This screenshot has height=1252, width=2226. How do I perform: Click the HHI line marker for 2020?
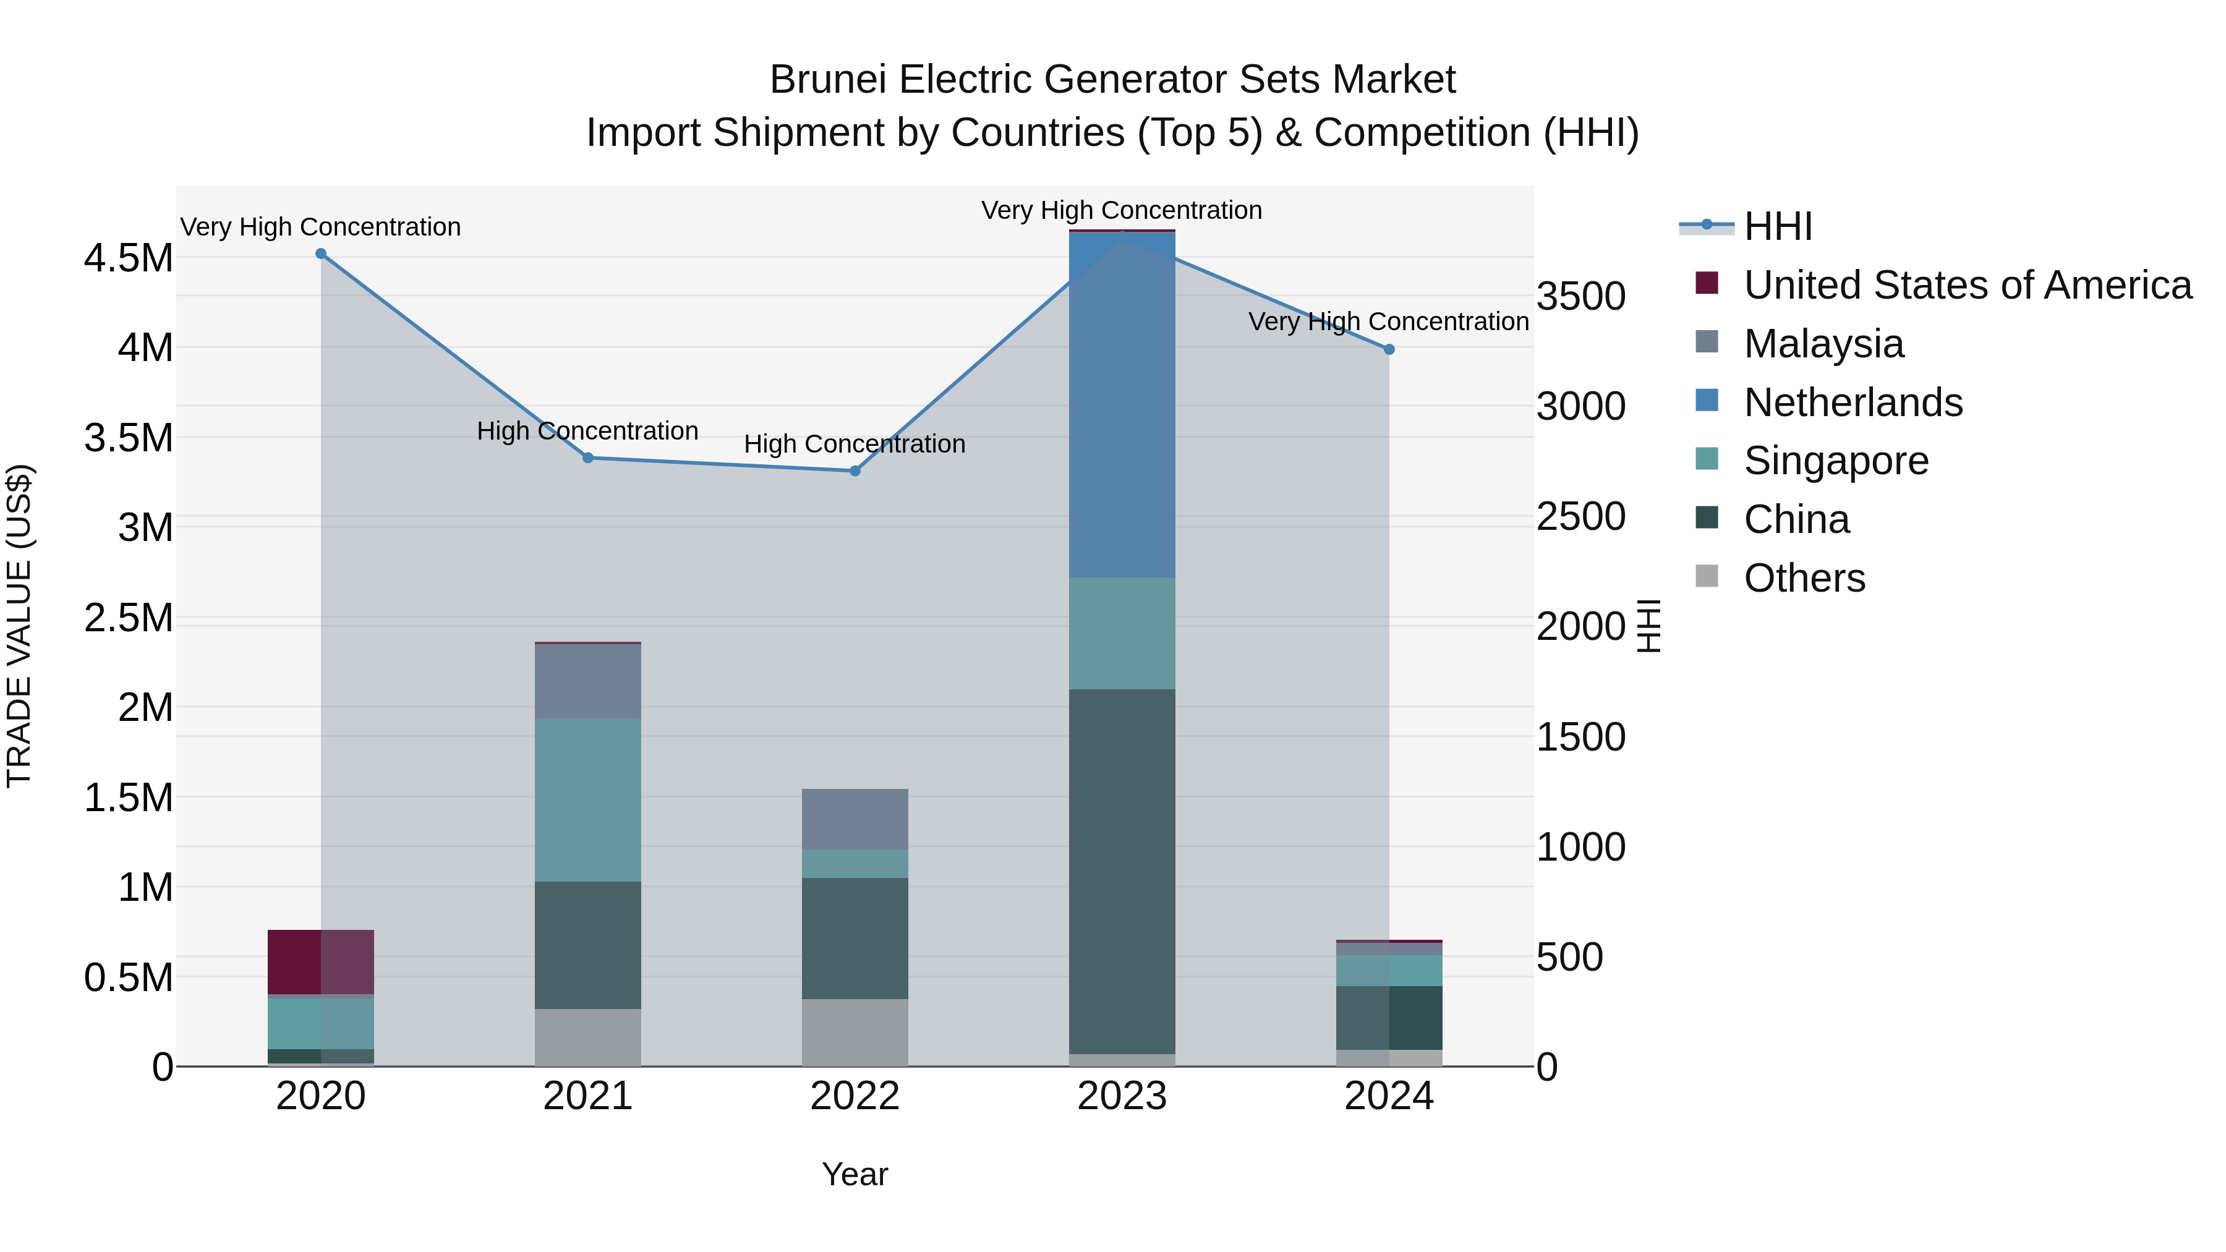click(x=320, y=254)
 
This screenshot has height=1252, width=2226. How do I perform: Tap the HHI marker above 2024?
click(x=1389, y=350)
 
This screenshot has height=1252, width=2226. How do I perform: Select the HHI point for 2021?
click(x=587, y=458)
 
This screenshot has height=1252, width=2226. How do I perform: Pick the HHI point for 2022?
click(x=855, y=471)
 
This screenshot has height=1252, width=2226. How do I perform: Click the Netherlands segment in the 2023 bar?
click(x=1122, y=406)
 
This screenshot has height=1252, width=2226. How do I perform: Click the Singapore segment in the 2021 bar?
click(x=587, y=800)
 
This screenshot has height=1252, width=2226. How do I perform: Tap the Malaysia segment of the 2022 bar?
click(x=855, y=819)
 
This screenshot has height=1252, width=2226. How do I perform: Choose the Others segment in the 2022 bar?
click(x=855, y=1033)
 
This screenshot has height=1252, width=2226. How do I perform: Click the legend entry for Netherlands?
click(x=1853, y=402)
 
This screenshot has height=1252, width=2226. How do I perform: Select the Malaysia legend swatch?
click(x=1707, y=342)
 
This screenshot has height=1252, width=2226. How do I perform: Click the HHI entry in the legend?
click(x=1776, y=226)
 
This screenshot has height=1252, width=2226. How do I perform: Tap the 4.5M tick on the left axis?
click(x=128, y=258)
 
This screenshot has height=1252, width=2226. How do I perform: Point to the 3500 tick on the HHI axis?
click(x=1580, y=296)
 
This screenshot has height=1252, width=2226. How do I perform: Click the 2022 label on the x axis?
click(x=855, y=1096)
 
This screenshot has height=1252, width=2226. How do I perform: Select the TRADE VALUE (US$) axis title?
click(x=19, y=626)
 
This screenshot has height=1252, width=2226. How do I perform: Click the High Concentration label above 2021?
click(x=587, y=430)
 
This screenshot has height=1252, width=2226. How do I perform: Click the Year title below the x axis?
click(x=855, y=1174)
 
